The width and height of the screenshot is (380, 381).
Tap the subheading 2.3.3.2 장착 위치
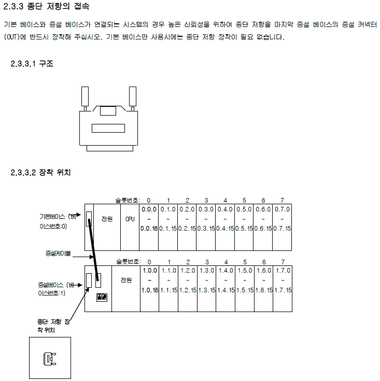[x=40, y=173]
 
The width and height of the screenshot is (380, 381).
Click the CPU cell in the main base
[x=130, y=219]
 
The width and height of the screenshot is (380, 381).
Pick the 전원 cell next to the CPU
[x=107, y=219]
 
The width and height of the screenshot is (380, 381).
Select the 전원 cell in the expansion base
[x=126, y=280]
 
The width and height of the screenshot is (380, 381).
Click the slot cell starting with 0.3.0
[x=206, y=219]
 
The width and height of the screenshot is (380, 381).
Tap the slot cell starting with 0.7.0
[x=282, y=219]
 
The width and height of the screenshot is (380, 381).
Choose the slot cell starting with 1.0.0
[x=149, y=280]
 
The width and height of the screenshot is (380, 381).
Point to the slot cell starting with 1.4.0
[x=225, y=280]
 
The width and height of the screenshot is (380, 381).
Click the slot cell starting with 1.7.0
[x=282, y=280]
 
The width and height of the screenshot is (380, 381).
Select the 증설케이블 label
[x=58, y=253]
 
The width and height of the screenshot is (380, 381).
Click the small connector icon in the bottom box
[x=50, y=358]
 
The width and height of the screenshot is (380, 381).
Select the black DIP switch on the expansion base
[x=103, y=297]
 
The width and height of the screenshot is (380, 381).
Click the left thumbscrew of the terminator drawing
[x=86, y=98]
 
